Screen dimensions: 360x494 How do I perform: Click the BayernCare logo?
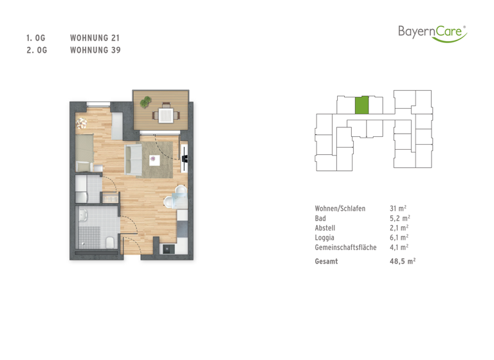tap(432, 32)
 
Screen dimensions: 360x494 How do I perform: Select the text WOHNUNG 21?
tap(95, 38)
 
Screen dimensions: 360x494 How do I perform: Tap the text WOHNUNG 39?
tap(95, 50)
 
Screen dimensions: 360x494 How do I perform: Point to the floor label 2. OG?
tap(36, 50)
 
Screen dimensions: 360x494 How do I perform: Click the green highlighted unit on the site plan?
tap(363, 105)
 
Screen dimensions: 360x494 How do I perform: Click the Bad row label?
tap(320, 219)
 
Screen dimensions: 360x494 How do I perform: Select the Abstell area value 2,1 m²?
tap(399, 228)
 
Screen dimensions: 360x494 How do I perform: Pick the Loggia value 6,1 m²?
tap(399, 237)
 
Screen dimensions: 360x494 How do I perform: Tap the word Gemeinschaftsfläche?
tap(345, 247)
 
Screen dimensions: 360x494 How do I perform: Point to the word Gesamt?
tap(327, 262)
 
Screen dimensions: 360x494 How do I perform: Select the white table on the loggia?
tap(165, 116)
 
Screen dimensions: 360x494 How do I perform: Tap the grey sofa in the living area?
tap(134, 159)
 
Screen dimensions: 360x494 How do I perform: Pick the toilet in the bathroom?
tap(110, 242)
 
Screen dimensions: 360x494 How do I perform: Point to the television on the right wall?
tap(186, 157)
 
